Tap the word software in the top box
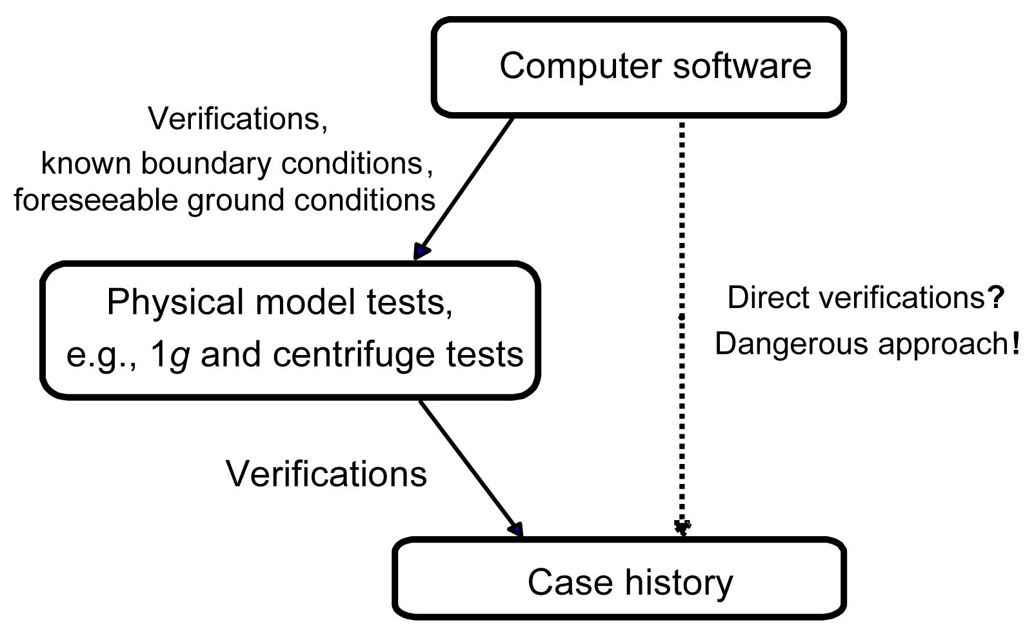[x=742, y=66]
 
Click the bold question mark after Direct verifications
[x=996, y=298]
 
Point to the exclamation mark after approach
[x=1017, y=343]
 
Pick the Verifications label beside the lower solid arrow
[x=326, y=474]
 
